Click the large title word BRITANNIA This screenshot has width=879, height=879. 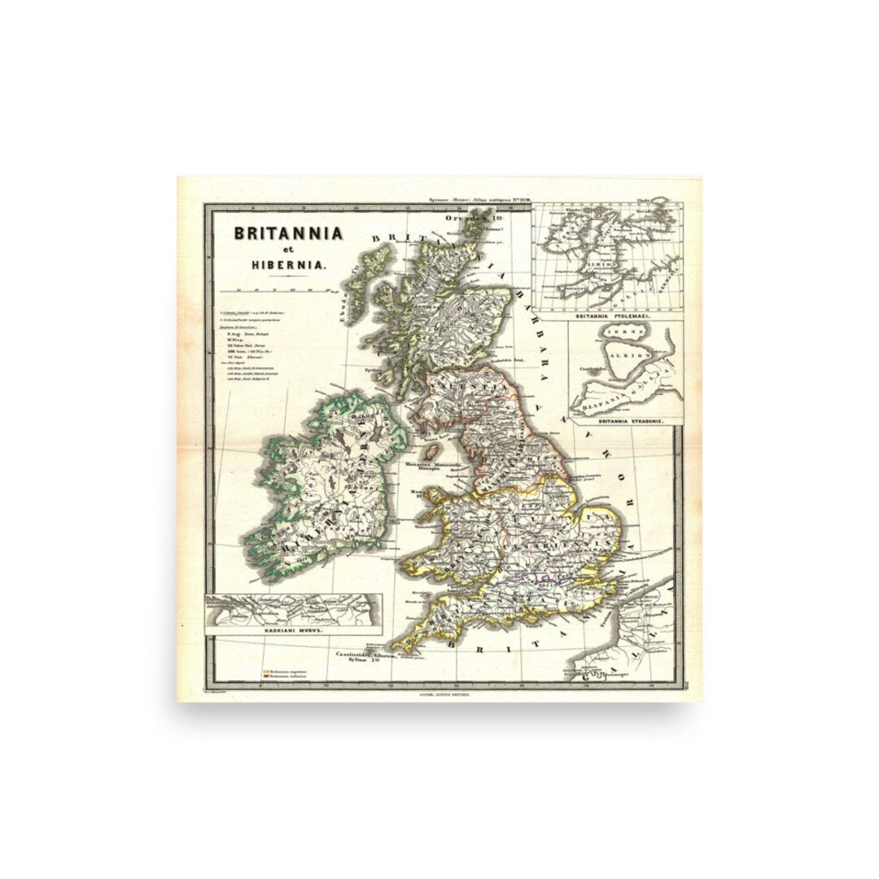[288, 233]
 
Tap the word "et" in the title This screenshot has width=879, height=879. [287, 250]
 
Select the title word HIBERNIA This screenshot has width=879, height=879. [287, 265]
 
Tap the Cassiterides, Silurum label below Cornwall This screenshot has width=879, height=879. [365, 654]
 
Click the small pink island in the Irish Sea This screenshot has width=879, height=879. [435, 451]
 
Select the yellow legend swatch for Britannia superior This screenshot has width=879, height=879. [265, 671]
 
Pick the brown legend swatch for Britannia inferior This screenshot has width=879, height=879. [265, 676]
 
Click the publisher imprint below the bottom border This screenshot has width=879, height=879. [439, 694]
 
